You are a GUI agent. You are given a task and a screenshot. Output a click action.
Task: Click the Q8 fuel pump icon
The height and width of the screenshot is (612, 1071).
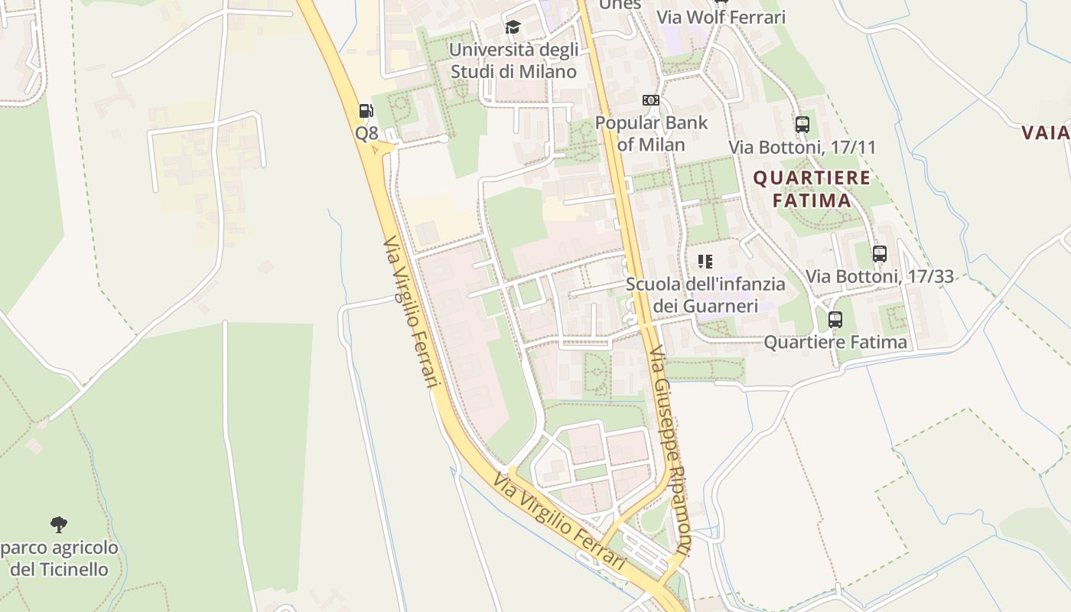[x=366, y=111]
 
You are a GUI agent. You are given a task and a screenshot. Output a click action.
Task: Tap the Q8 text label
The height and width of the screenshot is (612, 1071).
[x=366, y=133]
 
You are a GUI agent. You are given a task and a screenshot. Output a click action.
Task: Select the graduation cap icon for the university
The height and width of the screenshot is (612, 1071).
[x=513, y=28]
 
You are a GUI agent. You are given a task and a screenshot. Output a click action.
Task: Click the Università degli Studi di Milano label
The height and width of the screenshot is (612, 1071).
[x=513, y=61]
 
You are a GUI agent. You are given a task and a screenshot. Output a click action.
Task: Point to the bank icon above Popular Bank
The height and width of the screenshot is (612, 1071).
[x=650, y=100]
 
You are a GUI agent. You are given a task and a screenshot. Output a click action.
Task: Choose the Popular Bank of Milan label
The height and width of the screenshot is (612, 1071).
[x=651, y=133]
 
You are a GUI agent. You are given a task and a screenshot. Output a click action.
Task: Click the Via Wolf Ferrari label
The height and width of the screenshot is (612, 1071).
[x=721, y=17]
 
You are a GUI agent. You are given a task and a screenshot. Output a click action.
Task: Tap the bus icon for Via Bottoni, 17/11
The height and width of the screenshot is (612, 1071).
[x=802, y=124]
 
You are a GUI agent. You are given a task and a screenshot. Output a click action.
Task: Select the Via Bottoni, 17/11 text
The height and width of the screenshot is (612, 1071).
[x=802, y=147]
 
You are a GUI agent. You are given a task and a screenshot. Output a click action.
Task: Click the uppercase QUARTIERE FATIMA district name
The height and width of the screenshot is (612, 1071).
[x=812, y=189]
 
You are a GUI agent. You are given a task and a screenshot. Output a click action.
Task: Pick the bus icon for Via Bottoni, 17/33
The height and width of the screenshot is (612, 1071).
[x=880, y=253]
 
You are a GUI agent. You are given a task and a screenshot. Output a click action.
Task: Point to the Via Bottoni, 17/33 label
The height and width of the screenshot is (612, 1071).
[x=880, y=276]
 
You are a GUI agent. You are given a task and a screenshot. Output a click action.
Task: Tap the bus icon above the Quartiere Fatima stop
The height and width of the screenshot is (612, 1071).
[x=835, y=319]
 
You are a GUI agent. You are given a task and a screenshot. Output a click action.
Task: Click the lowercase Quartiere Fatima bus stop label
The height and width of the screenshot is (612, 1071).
[x=835, y=342]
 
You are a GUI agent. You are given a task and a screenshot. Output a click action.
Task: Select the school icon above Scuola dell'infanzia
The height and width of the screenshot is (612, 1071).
[x=705, y=262]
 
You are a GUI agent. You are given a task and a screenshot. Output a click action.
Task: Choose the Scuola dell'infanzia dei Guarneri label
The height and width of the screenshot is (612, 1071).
[x=705, y=295]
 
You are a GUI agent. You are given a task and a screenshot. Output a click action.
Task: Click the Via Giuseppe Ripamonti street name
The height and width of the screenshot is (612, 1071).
[x=669, y=459]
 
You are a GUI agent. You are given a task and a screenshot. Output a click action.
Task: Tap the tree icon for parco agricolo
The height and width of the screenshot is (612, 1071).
[x=59, y=525]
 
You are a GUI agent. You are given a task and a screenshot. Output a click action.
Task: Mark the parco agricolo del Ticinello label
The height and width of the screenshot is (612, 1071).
[x=59, y=558]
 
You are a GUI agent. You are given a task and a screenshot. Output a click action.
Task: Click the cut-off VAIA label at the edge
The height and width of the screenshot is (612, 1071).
[x=1046, y=132]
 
